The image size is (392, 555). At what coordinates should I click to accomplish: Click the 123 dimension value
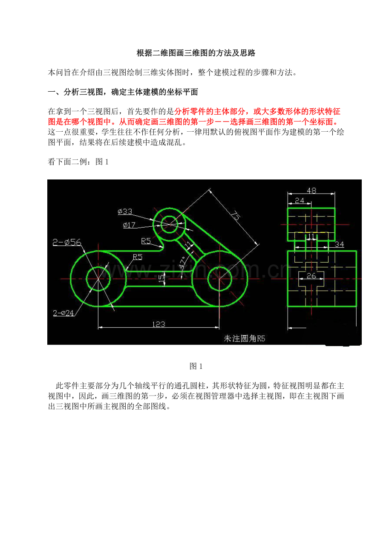coord(159,324)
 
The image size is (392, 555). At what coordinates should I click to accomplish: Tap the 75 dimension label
coord(236,215)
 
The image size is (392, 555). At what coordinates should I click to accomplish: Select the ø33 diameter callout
coord(125,211)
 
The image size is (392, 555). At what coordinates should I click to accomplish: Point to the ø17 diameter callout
coord(129,225)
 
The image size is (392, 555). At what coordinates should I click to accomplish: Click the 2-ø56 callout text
coord(67,242)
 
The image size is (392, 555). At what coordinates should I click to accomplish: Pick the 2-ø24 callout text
coord(63,313)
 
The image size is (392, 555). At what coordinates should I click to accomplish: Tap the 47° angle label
coord(182,262)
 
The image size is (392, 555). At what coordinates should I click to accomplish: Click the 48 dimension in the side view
coord(311,191)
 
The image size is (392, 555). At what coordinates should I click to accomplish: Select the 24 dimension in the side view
coord(300,200)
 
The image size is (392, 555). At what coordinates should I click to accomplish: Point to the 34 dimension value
coord(339,244)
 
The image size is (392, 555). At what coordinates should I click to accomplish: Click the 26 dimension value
coord(311,276)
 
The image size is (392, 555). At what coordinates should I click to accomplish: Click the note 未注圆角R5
coord(244,338)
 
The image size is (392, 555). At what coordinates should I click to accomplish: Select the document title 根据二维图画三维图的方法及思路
coord(196,53)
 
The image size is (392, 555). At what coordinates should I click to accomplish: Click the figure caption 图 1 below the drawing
coord(196,366)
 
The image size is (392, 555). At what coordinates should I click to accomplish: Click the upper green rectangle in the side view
coord(287,225)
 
